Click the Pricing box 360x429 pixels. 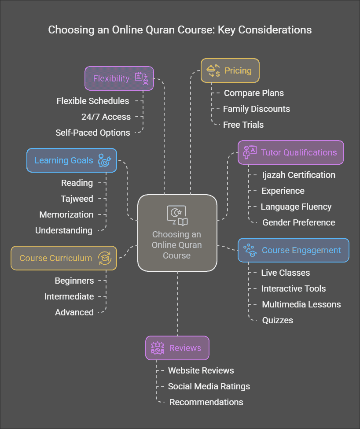pyautogui.click(x=230, y=70)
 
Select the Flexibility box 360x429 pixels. pyautogui.click(x=119, y=78)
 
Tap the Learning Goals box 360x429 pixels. pyautogui.click(x=71, y=160)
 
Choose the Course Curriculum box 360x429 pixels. pyautogui.click(x=64, y=258)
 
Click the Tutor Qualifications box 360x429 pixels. pyautogui.click(x=290, y=152)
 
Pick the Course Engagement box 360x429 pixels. pyautogui.click(x=293, y=250)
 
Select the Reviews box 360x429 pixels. pyautogui.click(x=177, y=348)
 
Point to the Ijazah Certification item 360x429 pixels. pyautogui.click(x=298, y=175)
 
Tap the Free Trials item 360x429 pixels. pyautogui.click(x=243, y=125)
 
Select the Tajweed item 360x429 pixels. pyautogui.click(x=77, y=199)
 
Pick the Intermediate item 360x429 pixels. pyautogui.click(x=69, y=296)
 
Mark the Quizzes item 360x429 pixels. pyautogui.click(x=277, y=320)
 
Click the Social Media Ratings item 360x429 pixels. pyautogui.click(x=209, y=386)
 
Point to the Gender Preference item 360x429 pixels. pyautogui.click(x=298, y=222)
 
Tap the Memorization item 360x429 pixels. pyautogui.click(x=66, y=214)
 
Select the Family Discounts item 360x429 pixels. pyautogui.click(x=257, y=109)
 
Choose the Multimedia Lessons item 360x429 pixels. pyautogui.click(x=301, y=304)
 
